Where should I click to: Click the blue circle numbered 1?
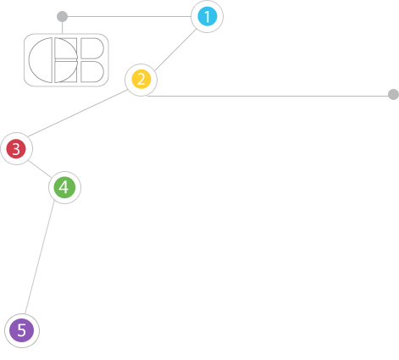[x=208, y=16]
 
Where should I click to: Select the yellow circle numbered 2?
[x=141, y=79]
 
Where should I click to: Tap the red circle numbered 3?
[x=16, y=148]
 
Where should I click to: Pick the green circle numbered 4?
[x=64, y=187]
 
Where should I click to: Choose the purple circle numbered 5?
[x=22, y=330]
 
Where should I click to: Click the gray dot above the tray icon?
[x=62, y=16]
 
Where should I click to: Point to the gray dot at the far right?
[x=393, y=94]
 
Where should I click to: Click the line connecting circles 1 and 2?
[x=175, y=50]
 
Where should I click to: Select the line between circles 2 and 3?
[x=77, y=114]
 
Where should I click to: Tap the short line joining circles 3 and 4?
[x=39, y=169]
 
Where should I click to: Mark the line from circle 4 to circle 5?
[x=40, y=258]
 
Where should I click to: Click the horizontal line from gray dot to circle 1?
[x=130, y=16]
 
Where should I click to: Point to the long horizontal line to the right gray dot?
[x=268, y=96]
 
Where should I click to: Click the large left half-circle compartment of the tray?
[x=41, y=60]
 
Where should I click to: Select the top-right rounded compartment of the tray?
[x=92, y=48]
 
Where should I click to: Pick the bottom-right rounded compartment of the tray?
[x=92, y=72]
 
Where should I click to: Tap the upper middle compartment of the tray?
[x=65, y=48]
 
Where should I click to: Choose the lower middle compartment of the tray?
[x=65, y=72]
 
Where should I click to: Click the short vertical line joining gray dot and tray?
[x=62, y=28]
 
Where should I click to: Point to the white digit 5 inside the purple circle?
[x=21, y=330]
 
